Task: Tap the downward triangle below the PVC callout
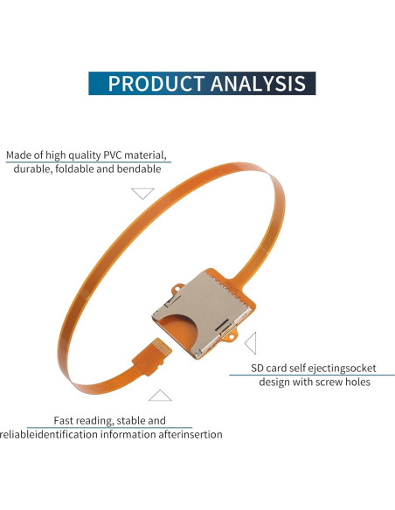142,193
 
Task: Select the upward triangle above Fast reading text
160,395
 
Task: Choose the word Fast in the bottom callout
66,420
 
